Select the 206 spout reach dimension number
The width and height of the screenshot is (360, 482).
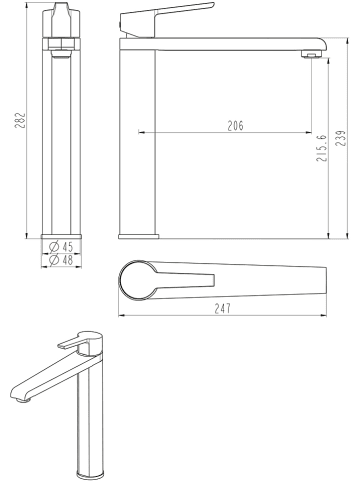(234, 125)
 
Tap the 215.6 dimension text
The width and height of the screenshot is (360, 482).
(322, 150)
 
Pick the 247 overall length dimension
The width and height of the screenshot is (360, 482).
(223, 308)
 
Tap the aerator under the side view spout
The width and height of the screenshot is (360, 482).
(312, 55)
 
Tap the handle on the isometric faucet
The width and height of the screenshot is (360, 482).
(78, 341)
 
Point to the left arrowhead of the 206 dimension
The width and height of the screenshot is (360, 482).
(142, 132)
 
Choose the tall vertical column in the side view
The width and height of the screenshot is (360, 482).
(139, 140)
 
